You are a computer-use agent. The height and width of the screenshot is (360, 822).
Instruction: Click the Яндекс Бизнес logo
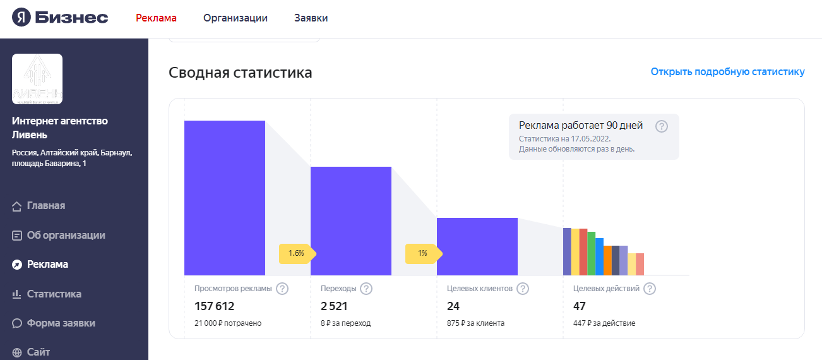60,18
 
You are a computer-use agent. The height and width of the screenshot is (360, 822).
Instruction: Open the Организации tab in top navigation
235,18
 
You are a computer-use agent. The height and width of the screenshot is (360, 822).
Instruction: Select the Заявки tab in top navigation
311,18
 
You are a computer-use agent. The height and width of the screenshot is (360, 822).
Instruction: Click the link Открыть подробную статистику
727,71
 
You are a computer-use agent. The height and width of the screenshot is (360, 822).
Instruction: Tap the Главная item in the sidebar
45,206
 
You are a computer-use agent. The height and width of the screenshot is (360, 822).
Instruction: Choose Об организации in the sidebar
66,235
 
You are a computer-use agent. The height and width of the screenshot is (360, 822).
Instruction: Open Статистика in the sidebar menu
54,294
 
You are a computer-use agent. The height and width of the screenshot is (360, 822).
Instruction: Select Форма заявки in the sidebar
61,323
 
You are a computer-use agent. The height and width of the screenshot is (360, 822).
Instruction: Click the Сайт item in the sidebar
38,352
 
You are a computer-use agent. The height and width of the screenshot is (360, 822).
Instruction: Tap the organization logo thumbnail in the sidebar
37,79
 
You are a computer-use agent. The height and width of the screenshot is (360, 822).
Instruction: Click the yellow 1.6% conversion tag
296,253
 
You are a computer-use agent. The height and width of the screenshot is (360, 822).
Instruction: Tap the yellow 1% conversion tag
422,253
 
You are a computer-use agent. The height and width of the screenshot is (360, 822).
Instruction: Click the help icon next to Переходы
366,289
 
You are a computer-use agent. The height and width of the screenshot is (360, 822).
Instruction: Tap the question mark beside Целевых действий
649,289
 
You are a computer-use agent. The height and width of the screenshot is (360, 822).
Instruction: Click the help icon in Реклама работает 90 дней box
661,126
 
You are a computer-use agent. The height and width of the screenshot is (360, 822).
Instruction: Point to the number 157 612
214,306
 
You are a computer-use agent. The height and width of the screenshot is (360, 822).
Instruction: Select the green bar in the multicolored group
591,253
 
